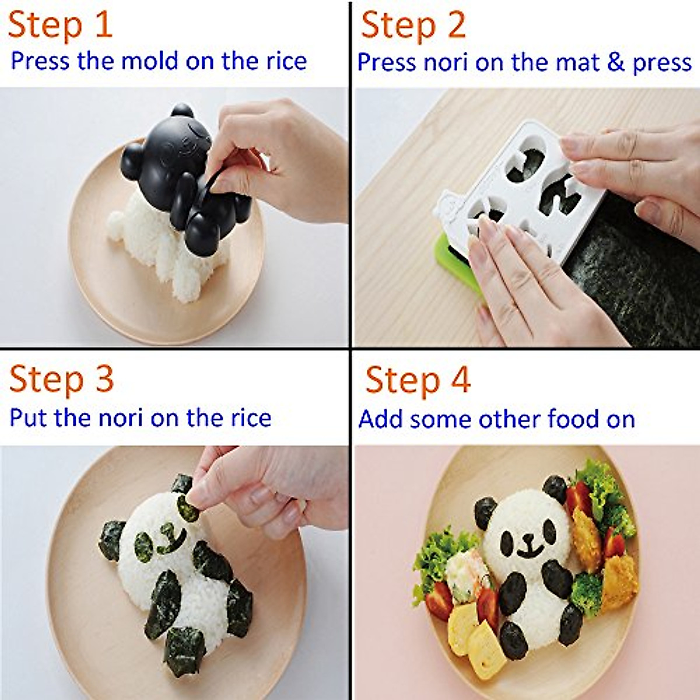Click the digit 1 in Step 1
coord(103,26)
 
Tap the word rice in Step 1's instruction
coord(283,61)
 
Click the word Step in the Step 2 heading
coord(397,27)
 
